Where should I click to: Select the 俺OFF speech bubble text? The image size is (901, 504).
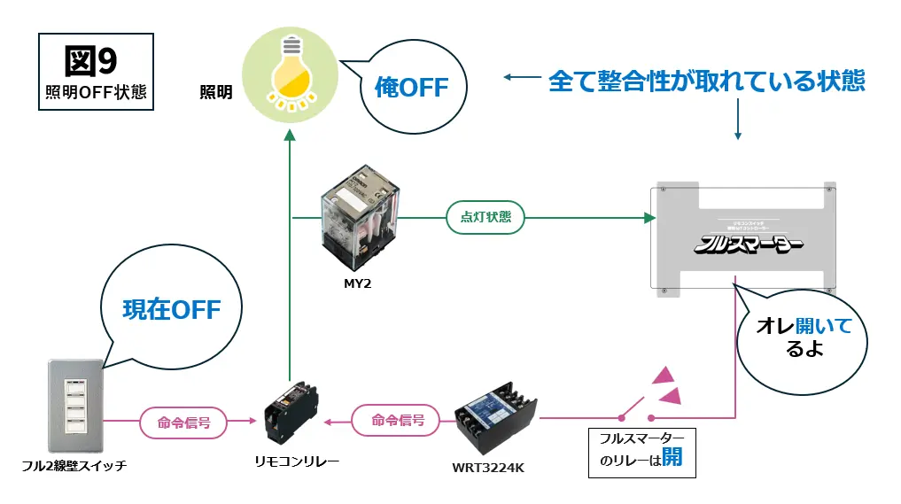click(411, 87)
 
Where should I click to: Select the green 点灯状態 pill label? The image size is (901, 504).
click(485, 217)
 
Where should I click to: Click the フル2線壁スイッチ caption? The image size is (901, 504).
click(74, 465)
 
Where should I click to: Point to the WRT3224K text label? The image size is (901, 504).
click(488, 467)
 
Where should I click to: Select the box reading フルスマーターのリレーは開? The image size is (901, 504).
click(641, 449)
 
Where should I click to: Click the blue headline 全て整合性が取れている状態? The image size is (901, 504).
click(706, 81)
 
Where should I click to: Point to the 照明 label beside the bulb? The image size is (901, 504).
click(215, 91)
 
